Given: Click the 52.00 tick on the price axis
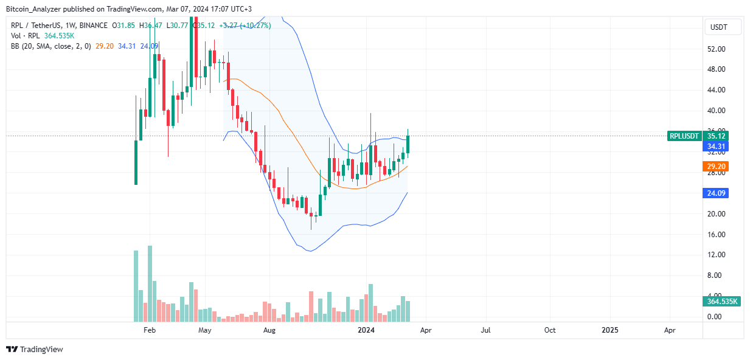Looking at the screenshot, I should pos(715,49).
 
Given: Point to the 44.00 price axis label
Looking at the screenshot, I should pos(715,90).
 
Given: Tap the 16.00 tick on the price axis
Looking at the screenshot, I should pos(715,234).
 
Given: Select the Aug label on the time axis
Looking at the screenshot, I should pos(270,330).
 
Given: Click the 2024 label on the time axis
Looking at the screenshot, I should pos(366,330).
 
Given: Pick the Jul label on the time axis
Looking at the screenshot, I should pos(486,330).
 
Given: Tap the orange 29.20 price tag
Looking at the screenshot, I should pos(715,166).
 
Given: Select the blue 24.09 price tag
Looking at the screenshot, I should pos(715,193).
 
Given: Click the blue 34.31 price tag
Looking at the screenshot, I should pos(715,147).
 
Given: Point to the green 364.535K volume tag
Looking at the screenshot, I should pos(721,302).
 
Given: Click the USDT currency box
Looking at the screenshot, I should pos(723,27).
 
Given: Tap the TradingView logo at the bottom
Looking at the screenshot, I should pos(35,349).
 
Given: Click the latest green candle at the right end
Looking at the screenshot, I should pos(409,144).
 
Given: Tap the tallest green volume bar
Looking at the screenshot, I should pos(150,283).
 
